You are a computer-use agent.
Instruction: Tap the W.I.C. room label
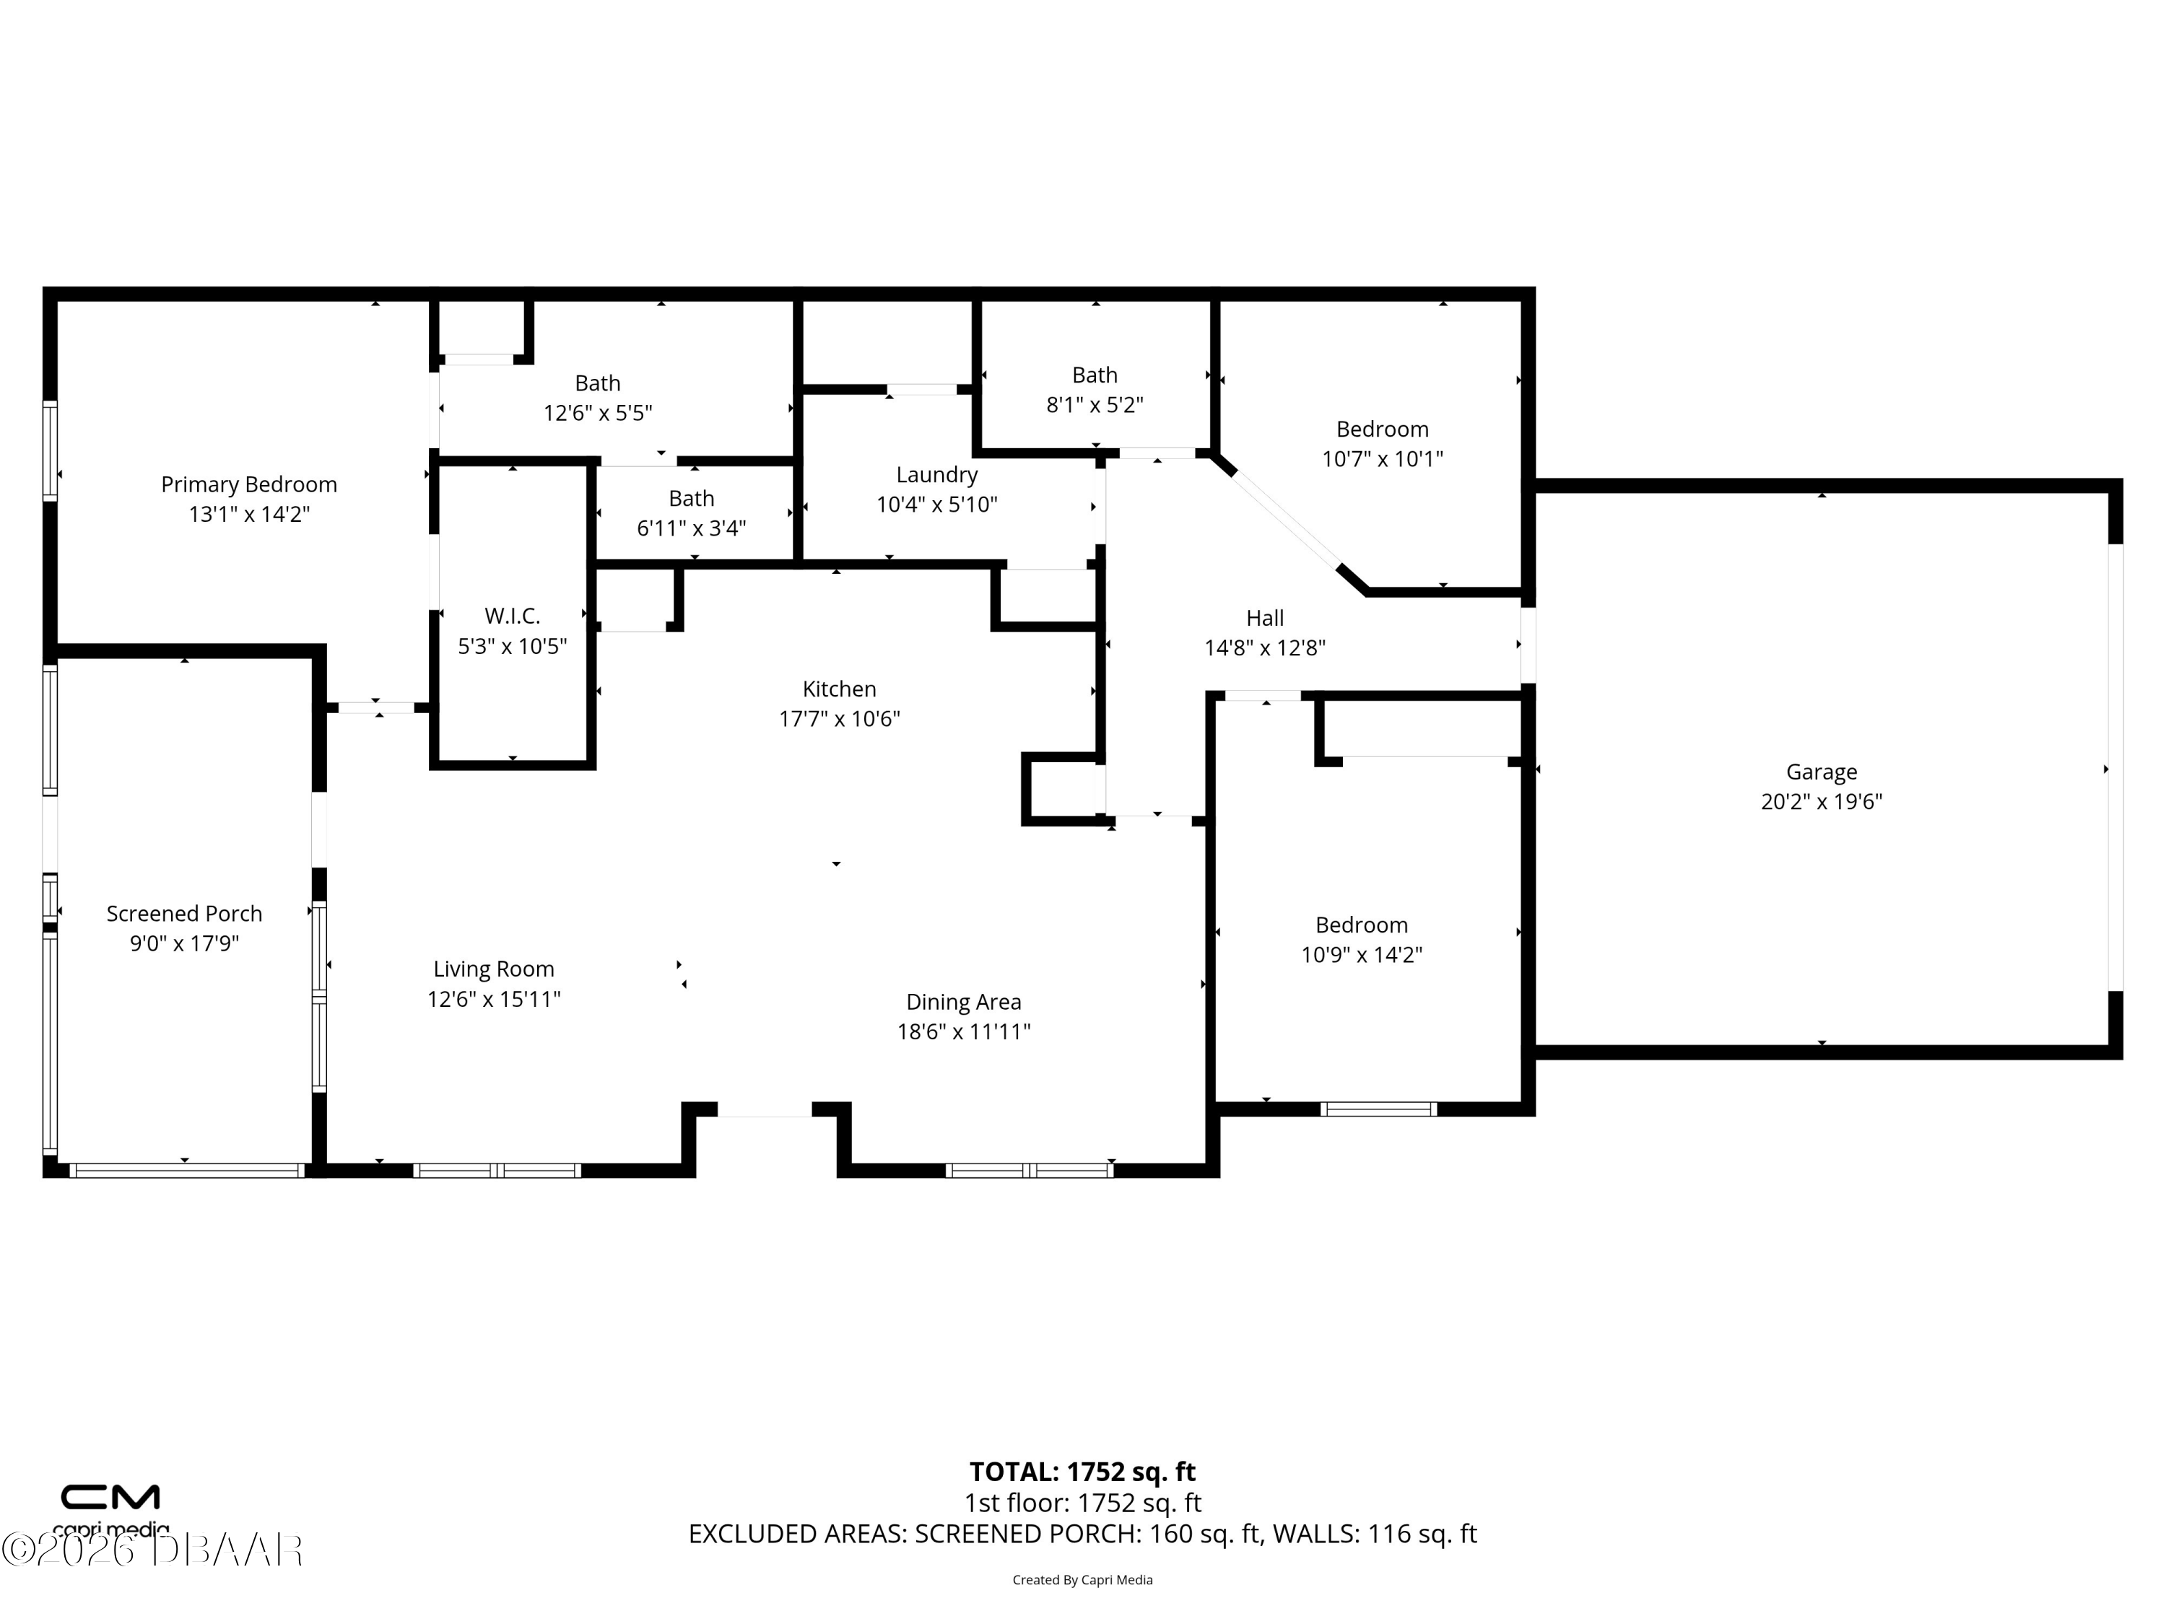(x=512, y=616)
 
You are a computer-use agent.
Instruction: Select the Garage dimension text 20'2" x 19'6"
(x=1822, y=802)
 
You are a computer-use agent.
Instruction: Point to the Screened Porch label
(x=184, y=913)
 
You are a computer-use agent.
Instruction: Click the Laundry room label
(x=937, y=475)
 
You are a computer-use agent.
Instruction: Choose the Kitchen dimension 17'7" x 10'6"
(x=839, y=718)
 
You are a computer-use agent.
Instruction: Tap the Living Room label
(x=494, y=969)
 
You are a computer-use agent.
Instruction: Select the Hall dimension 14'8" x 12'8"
(x=1265, y=648)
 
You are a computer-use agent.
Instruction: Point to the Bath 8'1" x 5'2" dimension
(x=1095, y=404)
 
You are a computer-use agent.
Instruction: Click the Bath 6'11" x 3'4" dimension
(x=692, y=528)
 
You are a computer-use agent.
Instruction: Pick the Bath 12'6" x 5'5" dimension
(x=597, y=413)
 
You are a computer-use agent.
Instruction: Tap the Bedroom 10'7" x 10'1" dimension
(x=1383, y=459)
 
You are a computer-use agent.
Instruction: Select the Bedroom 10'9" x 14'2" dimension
(x=1361, y=954)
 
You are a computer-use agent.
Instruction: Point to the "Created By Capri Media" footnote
(x=1082, y=1580)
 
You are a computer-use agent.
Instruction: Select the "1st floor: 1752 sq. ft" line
(x=1082, y=1503)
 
